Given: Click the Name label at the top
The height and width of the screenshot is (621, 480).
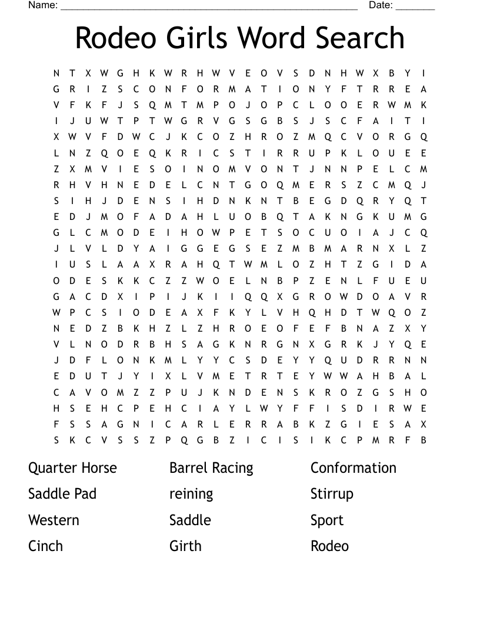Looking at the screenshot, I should pyautogui.click(x=43, y=5).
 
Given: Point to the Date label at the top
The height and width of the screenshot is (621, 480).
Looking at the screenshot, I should pyautogui.click(x=381, y=5).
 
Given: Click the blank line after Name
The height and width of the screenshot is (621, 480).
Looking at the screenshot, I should pyautogui.click(x=209, y=8).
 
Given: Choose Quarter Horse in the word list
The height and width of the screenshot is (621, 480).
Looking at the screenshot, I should pyautogui.click(x=72, y=468).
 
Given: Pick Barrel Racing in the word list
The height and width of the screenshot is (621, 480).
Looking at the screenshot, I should pyautogui.click(x=211, y=468).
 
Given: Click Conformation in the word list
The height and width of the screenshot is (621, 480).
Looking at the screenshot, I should pyautogui.click(x=354, y=468).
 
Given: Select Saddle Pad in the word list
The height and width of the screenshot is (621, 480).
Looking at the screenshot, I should pyautogui.click(x=62, y=494).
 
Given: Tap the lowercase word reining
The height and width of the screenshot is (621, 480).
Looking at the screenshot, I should pyautogui.click(x=191, y=494).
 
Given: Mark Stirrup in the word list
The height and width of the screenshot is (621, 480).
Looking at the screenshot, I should pyautogui.click(x=332, y=494).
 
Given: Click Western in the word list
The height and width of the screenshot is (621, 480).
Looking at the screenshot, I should pyautogui.click(x=54, y=520).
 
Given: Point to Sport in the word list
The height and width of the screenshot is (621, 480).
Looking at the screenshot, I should pyautogui.click(x=327, y=520).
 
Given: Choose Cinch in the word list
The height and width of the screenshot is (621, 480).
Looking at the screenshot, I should pyautogui.click(x=45, y=546).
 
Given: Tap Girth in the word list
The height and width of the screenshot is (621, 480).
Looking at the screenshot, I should pyautogui.click(x=185, y=546).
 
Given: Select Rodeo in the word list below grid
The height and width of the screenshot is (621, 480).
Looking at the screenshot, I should pyautogui.click(x=329, y=546).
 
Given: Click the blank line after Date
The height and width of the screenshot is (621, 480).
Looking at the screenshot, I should pyautogui.click(x=415, y=8).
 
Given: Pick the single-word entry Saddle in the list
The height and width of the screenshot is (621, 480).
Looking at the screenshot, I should pyautogui.click(x=190, y=520).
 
